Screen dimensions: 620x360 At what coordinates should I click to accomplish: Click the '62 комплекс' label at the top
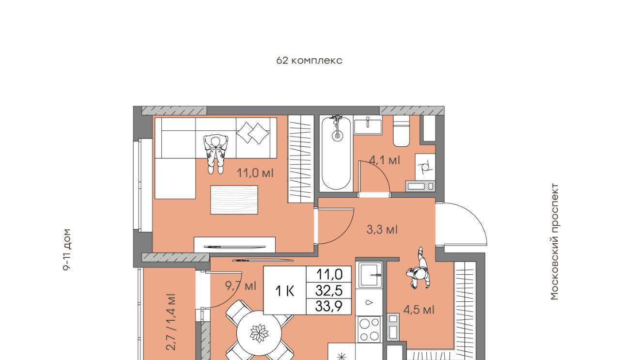pyautogui.click(x=309, y=61)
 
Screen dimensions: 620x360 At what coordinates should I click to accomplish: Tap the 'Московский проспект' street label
pyautogui.click(x=555, y=241)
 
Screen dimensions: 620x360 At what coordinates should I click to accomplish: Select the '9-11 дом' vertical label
pyautogui.click(x=67, y=250)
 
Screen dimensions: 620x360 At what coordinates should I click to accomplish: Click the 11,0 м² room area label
pyautogui.click(x=255, y=173)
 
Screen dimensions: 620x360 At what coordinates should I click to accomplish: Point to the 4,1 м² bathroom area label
pyautogui.click(x=385, y=160)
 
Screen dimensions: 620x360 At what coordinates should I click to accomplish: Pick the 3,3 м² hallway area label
pyautogui.click(x=382, y=230)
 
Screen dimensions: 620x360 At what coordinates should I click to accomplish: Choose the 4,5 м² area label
pyautogui.click(x=419, y=310)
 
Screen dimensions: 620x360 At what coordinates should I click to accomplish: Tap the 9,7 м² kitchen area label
pyautogui.click(x=241, y=286)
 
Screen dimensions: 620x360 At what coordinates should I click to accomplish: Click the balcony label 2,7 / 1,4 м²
pyautogui.click(x=171, y=322)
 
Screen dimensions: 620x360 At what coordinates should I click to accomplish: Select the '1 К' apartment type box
pyautogui.click(x=285, y=291)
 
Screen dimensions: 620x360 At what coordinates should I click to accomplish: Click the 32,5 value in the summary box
pyautogui.click(x=329, y=291)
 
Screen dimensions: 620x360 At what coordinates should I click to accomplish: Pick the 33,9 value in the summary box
pyautogui.click(x=329, y=306)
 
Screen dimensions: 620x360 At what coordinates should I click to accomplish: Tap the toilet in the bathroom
pyautogui.click(x=402, y=131)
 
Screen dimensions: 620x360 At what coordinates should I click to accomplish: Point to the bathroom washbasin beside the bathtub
pyautogui.click(x=368, y=125)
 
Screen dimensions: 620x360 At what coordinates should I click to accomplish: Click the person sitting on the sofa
pyautogui.click(x=216, y=154)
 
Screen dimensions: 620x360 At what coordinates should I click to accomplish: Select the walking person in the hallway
pyautogui.click(x=418, y=269)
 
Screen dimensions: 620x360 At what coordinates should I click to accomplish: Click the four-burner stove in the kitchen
pyautogui.click(x=370, y=329)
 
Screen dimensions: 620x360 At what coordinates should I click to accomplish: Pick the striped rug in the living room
pyautogui.click(x=234, y=200)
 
